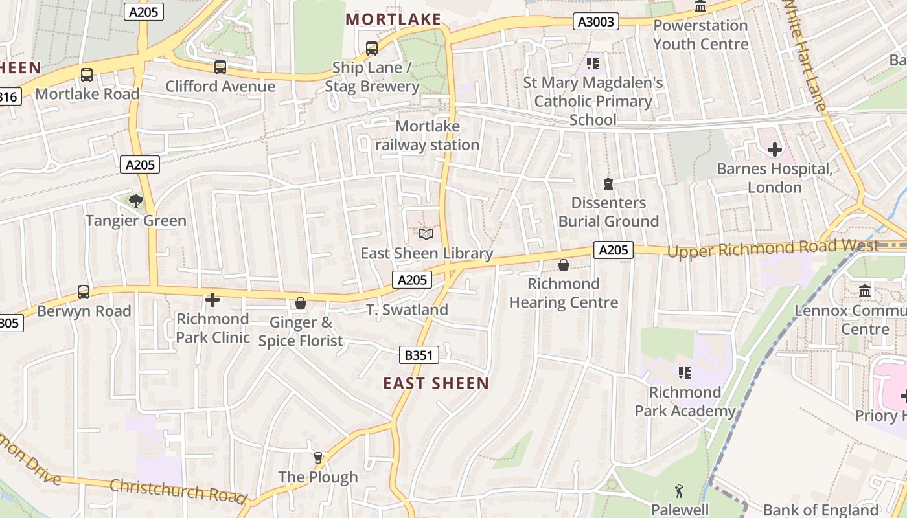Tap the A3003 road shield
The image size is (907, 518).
pyautogui.click(x=596, y=22)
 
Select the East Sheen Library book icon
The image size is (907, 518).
pyautogui.click(x=426, y=234)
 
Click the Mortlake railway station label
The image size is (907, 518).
pyautogui.click(x=428, y=135)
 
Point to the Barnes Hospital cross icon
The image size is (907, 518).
pyautogui.click(x=774, y=150)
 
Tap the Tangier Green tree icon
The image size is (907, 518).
pyautogui.click(x=135, y=201)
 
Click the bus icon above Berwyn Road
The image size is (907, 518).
pyautogui.click(x=84, y=291)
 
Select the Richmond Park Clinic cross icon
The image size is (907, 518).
pyautogui.click(x=212, y=300)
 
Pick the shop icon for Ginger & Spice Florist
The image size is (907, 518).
pyautogui.click(x=301, y=303)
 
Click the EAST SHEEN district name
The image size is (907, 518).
pyautogui.click(x=436, y=383)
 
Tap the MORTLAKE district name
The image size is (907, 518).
pyautogui.click(x=393, y=19)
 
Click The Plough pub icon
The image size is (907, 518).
pyautogui.click(x=317, y=458)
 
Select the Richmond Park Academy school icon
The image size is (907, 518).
pyautogui.click(x=684, y=373)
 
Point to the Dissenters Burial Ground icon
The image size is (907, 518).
pyautogui.click(x=608, y=184)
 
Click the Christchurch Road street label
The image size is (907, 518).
pyautogui.click(x=178, y=490)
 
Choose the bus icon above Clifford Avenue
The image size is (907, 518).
pyautogui.click(x=220, y=67)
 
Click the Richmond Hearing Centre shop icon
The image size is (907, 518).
pyautogui.click(x=563, y=265)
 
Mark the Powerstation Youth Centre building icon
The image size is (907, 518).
pyautogui.click(x=700, y=7)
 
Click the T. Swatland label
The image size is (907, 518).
pyautogui.click(x=408, y=310)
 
